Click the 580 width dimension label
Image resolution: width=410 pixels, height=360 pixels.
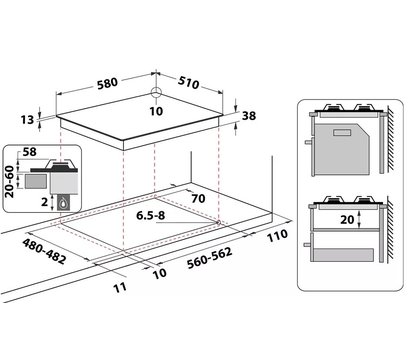pos(107,84)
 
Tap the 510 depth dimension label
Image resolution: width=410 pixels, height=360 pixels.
pos(188,82)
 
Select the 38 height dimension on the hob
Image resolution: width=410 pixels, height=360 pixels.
pos(249,116)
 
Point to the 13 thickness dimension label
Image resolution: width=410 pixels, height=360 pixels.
pos(27,119)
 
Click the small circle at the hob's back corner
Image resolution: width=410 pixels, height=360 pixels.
pos(156,92)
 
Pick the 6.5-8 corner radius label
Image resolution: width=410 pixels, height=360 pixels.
pos(151,215)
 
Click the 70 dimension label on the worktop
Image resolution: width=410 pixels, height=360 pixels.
pos(198,198)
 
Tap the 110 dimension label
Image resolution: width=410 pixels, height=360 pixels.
pos(277,236)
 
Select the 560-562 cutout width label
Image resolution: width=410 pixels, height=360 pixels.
pos(209,258)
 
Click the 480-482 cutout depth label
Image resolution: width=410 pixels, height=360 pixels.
pos(44,251)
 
